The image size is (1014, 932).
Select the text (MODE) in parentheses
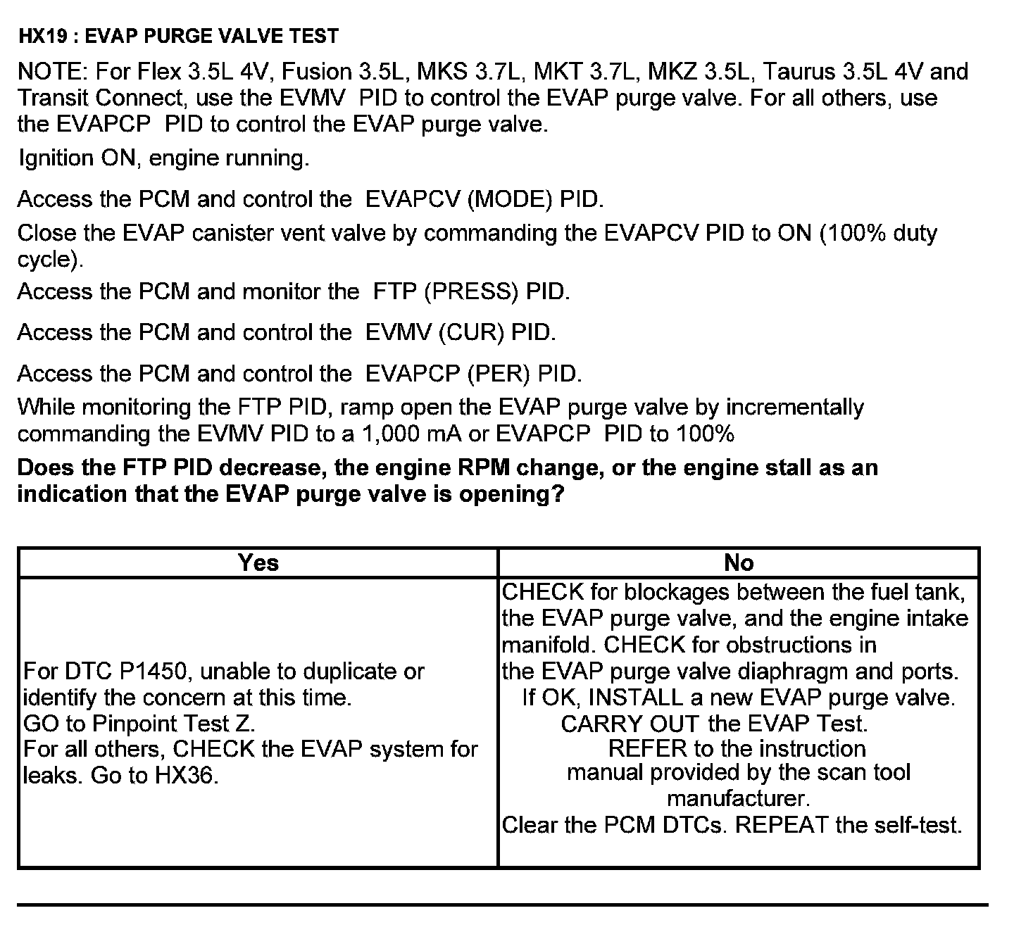pyautogui.click(x=509, y=199)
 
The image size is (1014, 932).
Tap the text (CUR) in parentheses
pyautogui.click(x=470, y=332)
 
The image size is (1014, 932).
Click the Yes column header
pyautogui.click(x=258, y=562)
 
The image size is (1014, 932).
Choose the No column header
pyautogui.click(x=738, y=562)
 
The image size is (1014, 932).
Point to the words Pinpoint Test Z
pyautogui.click(x=173, y=724)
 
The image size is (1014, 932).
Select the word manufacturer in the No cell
pyautogui.click(x=738, y=799)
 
